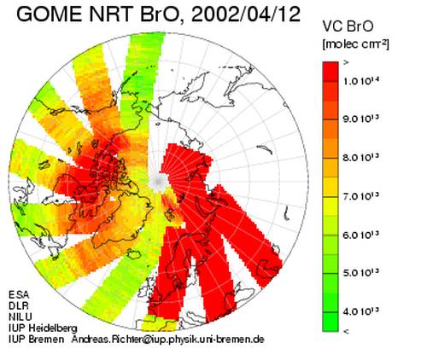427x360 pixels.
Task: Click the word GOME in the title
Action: [50, 15]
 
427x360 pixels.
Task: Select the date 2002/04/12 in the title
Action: [246, 15]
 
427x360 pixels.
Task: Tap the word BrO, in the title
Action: [162, 15]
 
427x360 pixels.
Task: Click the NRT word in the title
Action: [111, 15]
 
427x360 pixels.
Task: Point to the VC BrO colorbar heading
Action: [348, 26]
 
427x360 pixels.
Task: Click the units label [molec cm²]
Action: [355, 44]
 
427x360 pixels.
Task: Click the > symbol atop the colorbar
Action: [346, 63]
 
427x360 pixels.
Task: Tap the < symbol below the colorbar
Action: [346, 331]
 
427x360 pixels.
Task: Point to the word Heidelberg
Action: [53, 328]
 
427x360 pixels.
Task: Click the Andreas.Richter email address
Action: [167, 340]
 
